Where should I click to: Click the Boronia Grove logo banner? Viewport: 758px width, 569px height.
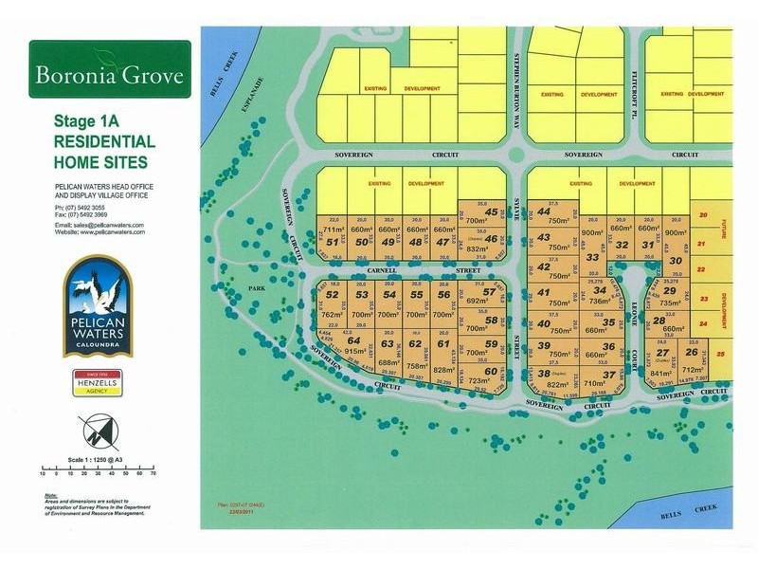pos(109,71)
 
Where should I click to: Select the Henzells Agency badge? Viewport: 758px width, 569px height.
pos(97,382)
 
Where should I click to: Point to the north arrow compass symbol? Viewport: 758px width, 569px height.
pos(99,436)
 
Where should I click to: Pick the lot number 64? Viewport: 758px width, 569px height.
pos(354,340)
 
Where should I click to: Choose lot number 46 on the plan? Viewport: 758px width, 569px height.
pos(491,239)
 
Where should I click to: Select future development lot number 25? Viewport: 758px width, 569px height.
pos(720,354)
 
